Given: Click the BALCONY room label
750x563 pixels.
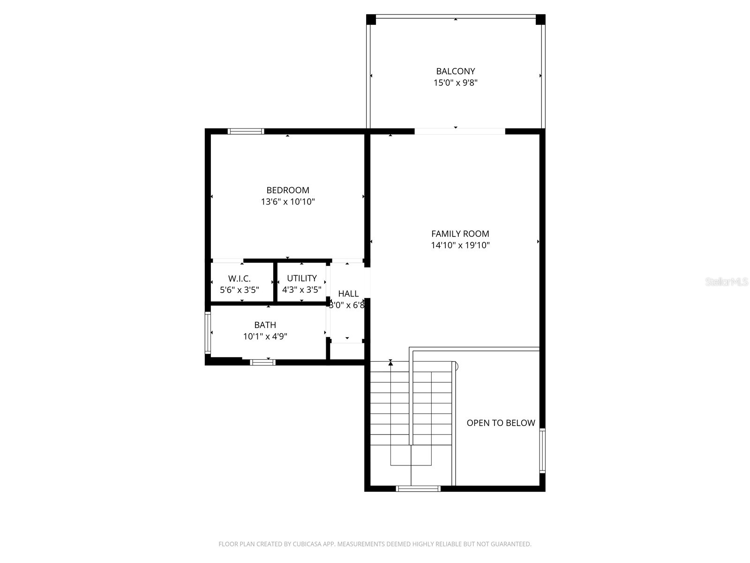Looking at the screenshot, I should pos(455,71).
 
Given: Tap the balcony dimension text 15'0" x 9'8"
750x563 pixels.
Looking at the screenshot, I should pos(455,83).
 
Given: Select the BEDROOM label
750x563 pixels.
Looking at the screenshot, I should pos(287,190).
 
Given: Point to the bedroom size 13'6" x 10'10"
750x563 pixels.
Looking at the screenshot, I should pos(287,202).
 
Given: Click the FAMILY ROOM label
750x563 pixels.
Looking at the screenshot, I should pos(460,234).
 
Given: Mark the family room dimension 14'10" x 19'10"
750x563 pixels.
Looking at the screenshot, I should pos(460,245).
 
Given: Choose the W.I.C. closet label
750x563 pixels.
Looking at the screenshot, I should pos(239,278).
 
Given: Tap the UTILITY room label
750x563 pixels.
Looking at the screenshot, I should pos(301,278).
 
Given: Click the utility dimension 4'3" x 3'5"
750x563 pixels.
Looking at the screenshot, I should pos(301,289).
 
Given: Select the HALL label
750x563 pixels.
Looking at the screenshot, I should pos(348,294).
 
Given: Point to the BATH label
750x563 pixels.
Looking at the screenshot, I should pos(265,325).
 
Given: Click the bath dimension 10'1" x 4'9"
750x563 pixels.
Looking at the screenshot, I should pos(265,336).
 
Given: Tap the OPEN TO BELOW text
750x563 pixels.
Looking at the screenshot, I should pos(501,423).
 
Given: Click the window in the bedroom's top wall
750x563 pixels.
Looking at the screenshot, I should pos(246,131).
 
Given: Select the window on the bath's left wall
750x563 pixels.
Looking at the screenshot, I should pos(207,332).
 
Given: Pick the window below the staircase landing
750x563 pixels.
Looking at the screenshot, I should pos(418,489).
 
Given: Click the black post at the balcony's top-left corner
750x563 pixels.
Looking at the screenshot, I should pos(371,19).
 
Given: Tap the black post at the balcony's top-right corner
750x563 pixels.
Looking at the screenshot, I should pos(540,19).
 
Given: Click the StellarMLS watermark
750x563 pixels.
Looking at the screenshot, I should pos(727,282).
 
